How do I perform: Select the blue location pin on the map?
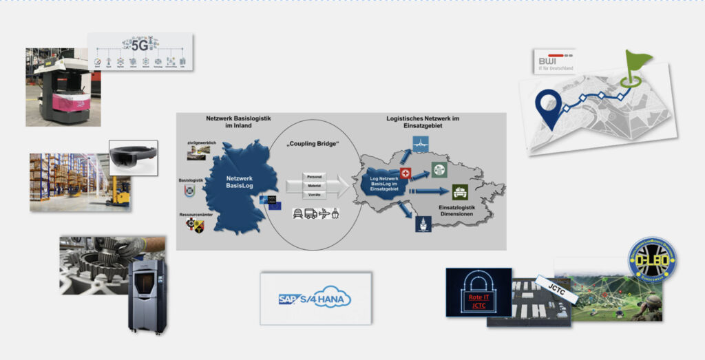pos(549,109)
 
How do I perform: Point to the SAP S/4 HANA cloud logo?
pos(315,298)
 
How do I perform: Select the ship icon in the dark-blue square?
pos(423,224)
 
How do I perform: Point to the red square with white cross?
pos(406,175)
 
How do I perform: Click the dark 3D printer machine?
pos(147,295)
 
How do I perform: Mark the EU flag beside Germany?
pos(275,204)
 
